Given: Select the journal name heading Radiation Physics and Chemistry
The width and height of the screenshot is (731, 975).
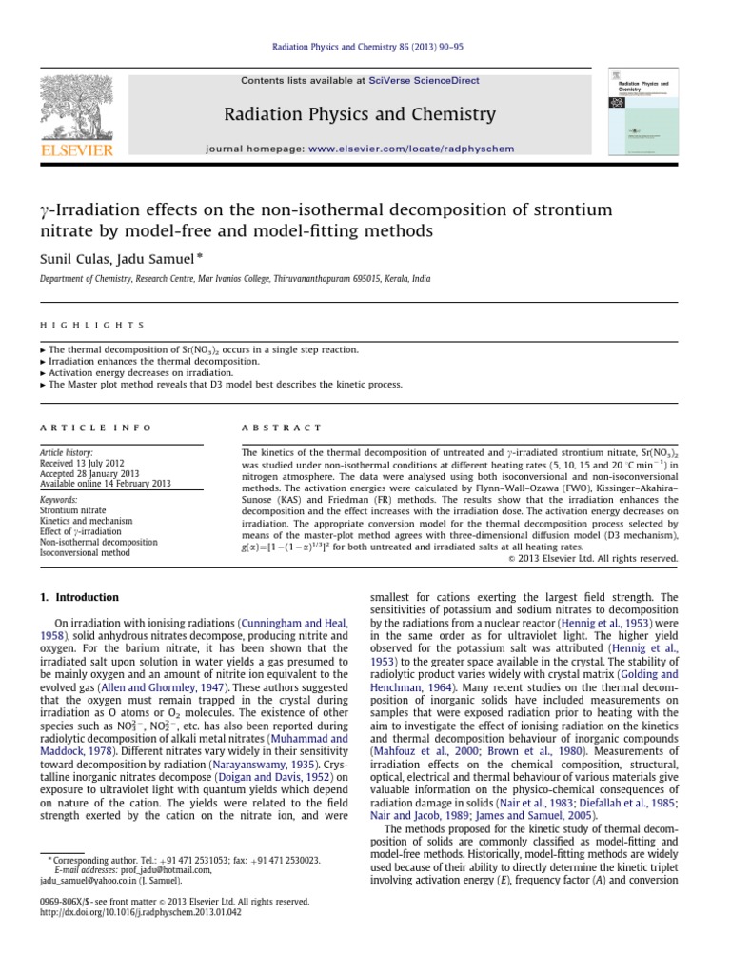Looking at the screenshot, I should coord(360,115).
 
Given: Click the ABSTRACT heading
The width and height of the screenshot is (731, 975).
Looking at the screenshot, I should coord(283,428).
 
